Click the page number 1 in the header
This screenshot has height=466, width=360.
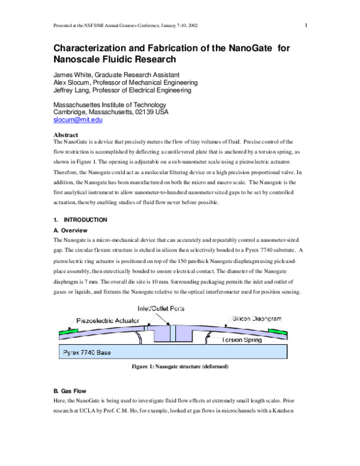pos(305,25)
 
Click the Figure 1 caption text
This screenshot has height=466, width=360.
pos(179,366)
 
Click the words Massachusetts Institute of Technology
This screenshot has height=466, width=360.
pos(113,103)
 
